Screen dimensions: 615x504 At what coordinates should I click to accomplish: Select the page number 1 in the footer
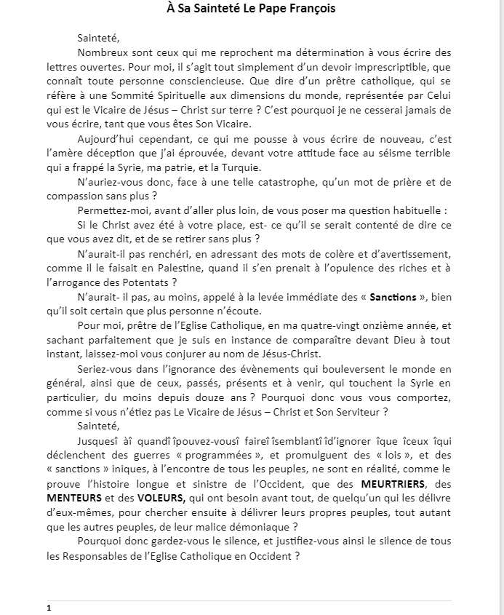point(48,607)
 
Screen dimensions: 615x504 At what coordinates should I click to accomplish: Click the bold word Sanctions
point(393,297)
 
